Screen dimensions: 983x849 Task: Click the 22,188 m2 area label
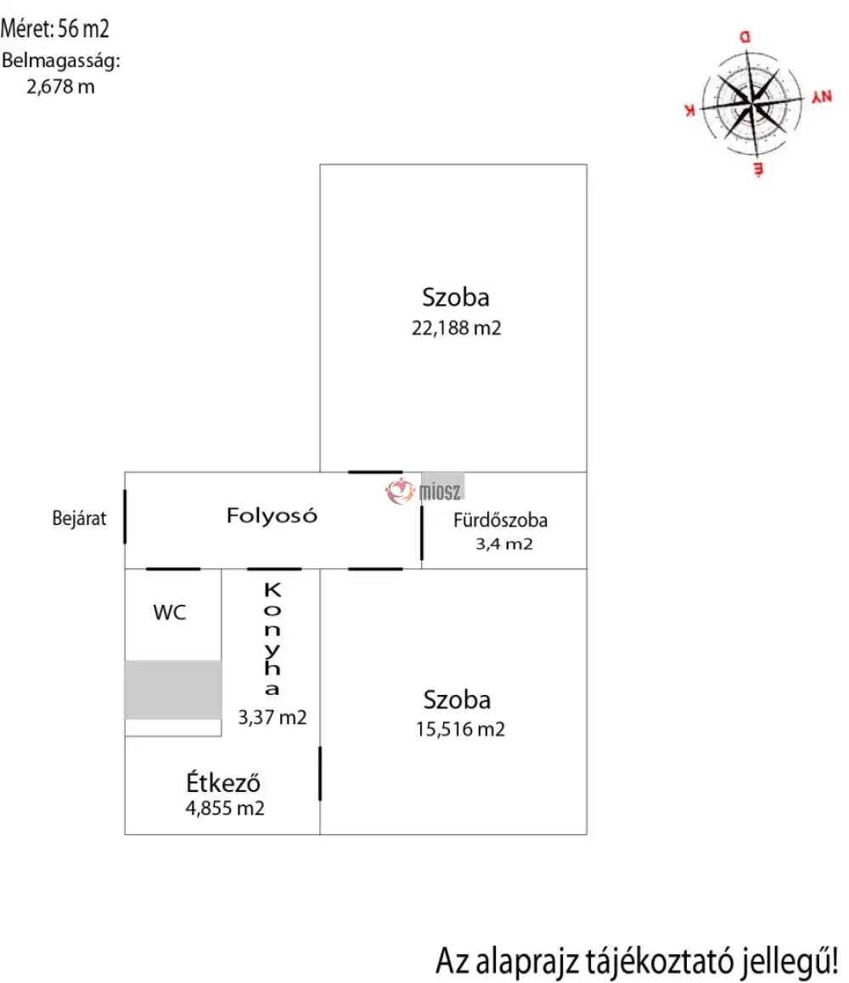[x=457, y=328]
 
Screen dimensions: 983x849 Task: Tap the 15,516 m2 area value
[x=460, y=729]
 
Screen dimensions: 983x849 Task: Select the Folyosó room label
[x=272, y=515]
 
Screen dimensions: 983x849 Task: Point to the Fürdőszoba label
[x=501, y=521]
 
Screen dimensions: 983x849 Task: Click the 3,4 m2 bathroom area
[x=503, y=545]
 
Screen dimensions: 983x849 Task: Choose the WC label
[x=169, y=613]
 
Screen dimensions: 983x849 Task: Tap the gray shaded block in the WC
[x=172, y=689]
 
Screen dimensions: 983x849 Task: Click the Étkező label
[x=223, y=782]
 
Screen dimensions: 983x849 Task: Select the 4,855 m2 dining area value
[x=225, y=808]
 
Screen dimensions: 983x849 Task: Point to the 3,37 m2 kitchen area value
[x=273, y=718]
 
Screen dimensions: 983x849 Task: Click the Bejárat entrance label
[x=79, y=519]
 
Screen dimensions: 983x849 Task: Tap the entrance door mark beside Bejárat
[x=126, y=517]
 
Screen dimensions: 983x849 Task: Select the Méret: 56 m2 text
[x=55, y=30]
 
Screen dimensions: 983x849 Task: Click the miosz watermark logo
[x=413, y=490]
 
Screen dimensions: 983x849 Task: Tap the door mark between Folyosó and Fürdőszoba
[x=422, y=532]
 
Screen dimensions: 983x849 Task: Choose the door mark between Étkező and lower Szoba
[x=320, y=773]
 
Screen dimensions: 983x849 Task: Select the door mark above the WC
[x=173, y=568]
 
